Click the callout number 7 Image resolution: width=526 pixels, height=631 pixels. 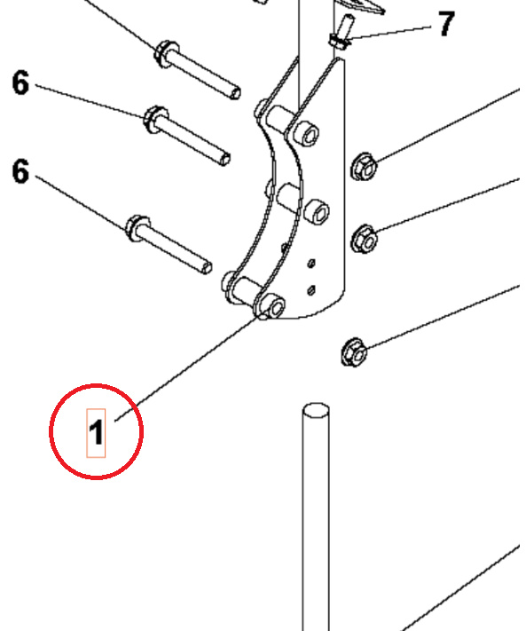pos(445,24)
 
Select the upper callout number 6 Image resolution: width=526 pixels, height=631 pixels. pos(20,83)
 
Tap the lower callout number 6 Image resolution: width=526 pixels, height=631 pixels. pos(20,171)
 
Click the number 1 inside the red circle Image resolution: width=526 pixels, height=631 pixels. pos(96,433)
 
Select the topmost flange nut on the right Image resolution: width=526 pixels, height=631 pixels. pos(364,165)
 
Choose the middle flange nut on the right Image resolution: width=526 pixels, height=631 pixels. pos(364,238)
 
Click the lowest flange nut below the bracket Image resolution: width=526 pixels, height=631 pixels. pos(352,354)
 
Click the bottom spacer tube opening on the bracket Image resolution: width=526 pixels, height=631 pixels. pos(275,307)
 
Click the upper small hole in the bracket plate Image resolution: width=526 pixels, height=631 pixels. pos(311,263)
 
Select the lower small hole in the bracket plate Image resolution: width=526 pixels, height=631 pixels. pos(310,288)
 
